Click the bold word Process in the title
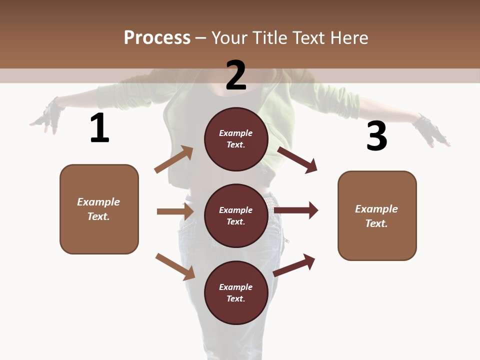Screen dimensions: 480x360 pyautogui.click(x=157, y=38)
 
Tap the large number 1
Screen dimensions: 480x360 pyautogui.click(x=99, y=128)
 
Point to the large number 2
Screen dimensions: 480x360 pyautogui.click(x=236, y=75)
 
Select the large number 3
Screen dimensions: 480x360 pyautogui.click(x=376, y=136)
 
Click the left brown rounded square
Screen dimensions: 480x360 pyautogui.click(x=99, y=209)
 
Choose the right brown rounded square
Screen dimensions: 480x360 pyautogui.click(x=377, y=216)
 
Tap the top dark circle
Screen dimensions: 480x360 pyautogui.click(x=236, y=139)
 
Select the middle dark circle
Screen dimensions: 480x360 pyautogui.click(x=236, y=216)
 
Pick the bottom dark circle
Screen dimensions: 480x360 pyautogui.click(x=236, y=293)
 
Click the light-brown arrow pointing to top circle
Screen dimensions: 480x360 pyautogui.click(x=173, y=159)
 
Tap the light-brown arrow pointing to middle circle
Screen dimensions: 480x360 pyautogui.click(x=175, y=211)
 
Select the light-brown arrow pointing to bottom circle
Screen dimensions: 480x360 pyautogui.click(x=175, y=266)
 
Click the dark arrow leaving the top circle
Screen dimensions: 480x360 pyautogui.click(x=297, y=159)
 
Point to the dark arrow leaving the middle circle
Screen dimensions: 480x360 pyautogui.click(x=296, y=210)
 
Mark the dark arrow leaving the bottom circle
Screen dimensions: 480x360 pyautogui.click(x=294, y=265)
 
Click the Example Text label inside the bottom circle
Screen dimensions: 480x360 pyautogui.click(x=236, y=293)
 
